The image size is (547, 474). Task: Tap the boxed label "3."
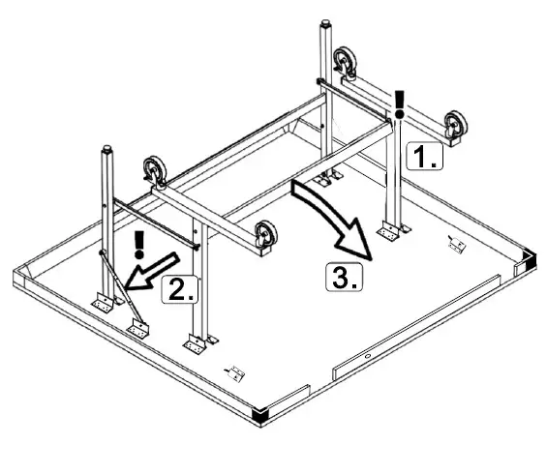click(x=344, y=278)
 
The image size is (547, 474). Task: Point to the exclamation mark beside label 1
click(x=399, y=101)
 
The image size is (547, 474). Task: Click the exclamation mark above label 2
click(x=141, y=242)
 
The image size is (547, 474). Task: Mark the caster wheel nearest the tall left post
click(x=154, y=172)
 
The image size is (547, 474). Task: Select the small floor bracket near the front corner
click(x=233, y=370)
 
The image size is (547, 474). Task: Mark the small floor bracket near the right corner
click(x=457, y=242)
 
